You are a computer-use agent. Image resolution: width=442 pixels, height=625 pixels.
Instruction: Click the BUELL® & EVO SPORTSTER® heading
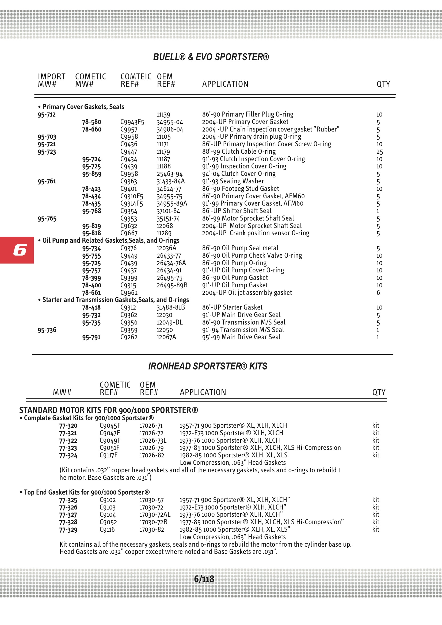pos(211,57)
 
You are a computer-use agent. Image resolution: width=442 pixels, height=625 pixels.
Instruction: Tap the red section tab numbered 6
pos(17,250)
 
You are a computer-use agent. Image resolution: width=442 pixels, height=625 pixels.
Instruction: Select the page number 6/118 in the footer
pos(204,579)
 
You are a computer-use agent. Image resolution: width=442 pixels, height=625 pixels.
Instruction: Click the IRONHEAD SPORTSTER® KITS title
pos(208,366)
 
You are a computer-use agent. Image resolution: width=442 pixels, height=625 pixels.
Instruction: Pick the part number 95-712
pos(47,115)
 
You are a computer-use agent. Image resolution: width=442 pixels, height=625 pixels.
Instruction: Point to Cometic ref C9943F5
pos(132,122)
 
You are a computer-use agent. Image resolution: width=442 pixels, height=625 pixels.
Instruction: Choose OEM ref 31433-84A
pos(171,181)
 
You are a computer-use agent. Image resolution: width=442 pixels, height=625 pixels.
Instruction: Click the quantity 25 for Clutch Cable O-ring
pos(380,152)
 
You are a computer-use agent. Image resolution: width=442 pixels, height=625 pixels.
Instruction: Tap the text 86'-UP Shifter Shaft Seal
pos(237,211)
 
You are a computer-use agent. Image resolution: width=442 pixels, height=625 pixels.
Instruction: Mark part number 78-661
pos(92,293)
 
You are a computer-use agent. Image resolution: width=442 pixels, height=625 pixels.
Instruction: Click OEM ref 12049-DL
pos(170,323)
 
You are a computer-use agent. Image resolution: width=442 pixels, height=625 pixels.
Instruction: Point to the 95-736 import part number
pos(47,330)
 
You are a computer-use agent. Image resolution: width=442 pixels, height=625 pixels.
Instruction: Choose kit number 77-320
pos(68,426)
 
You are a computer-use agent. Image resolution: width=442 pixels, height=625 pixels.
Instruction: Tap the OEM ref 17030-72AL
pos(155,515)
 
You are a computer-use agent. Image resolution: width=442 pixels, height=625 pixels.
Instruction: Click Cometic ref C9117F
pos(108,455)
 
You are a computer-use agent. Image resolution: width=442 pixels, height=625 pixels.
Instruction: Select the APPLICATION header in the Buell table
pos(225,84)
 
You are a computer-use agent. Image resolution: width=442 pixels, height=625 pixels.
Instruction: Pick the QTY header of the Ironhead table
pos(379,392)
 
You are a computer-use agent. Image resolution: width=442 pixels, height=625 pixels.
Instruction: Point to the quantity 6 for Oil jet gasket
pos(378,293)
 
